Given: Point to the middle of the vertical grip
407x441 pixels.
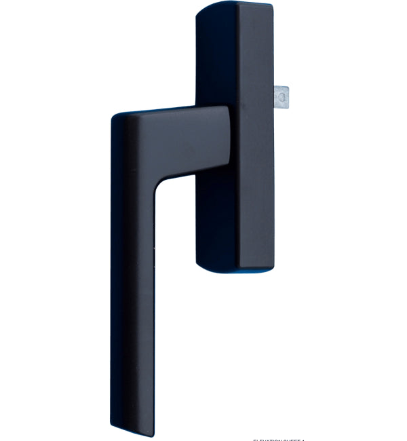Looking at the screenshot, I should tap(132, 285).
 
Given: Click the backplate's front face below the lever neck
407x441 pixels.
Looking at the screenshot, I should tap(217, 217).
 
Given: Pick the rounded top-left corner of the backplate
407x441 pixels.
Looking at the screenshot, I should tap(201, 9).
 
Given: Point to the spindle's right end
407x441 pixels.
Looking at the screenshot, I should tap(290, 96).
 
